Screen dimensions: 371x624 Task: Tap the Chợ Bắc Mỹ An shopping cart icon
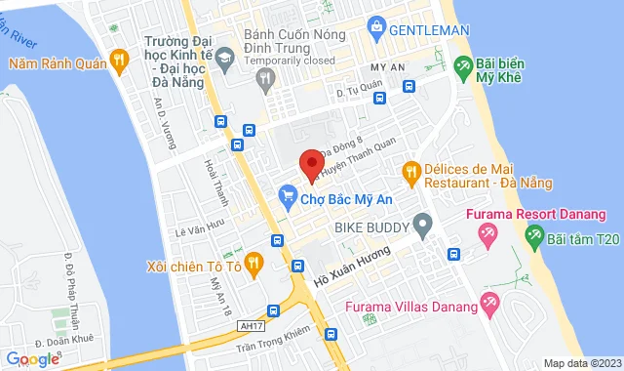click(287, 196)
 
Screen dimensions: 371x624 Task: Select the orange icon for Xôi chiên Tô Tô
click(253, 262)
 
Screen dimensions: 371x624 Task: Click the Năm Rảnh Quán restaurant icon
click(119, 61)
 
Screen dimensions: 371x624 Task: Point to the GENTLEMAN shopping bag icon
click(375, 31)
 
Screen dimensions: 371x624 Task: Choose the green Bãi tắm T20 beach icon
click(534, 234)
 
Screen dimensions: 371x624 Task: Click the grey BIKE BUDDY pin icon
click(422, 227)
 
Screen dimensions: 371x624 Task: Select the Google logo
click(33, 359)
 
